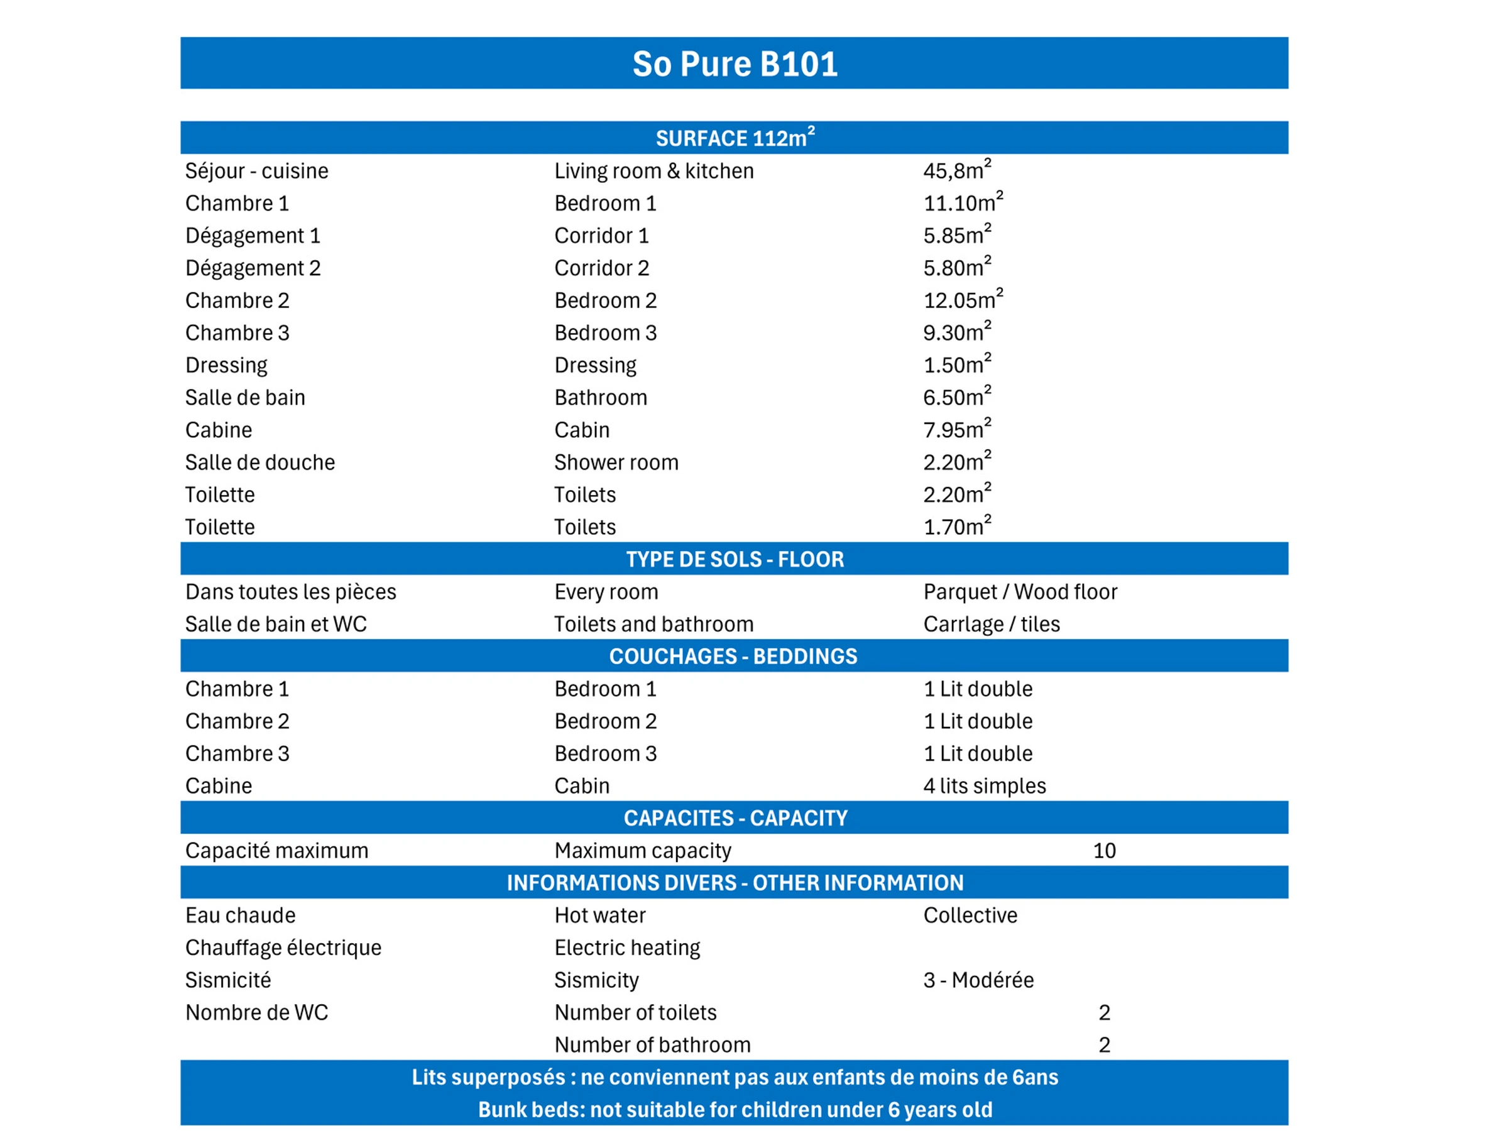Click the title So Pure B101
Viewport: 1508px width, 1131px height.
[x=735, y=64]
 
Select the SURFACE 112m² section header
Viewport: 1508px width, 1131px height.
[x=735, y=138]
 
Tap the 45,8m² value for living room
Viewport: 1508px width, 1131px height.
[x=956, y=170]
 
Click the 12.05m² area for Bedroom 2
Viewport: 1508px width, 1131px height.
[x=963, y=300]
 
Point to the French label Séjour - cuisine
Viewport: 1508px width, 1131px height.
[x=256, y=171]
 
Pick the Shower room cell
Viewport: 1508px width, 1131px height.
[x=616, y=462]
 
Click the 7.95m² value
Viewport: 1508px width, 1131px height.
[x=956, y=430]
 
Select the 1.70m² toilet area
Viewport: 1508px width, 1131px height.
[x=956, y=527]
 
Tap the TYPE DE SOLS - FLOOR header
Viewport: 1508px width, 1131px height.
[x=735, y=559]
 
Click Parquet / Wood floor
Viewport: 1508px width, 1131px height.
[x=1020, y=592]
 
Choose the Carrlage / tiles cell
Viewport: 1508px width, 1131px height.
[x=992, y=624]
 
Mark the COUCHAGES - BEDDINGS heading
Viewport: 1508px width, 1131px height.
[x=733, y=656]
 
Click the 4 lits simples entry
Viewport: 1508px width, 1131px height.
[x=984, y=785]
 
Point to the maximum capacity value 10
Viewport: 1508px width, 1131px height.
[x=1104, y=850]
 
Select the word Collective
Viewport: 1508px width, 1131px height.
[x=970, y=915]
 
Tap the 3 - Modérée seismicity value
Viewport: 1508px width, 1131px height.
[x=978, y=980]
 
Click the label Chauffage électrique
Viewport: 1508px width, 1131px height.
[x=283, y=948]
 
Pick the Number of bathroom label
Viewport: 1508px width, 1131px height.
[x=652, y=1044]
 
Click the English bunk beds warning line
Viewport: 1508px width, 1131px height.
[x=735, y=1109]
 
